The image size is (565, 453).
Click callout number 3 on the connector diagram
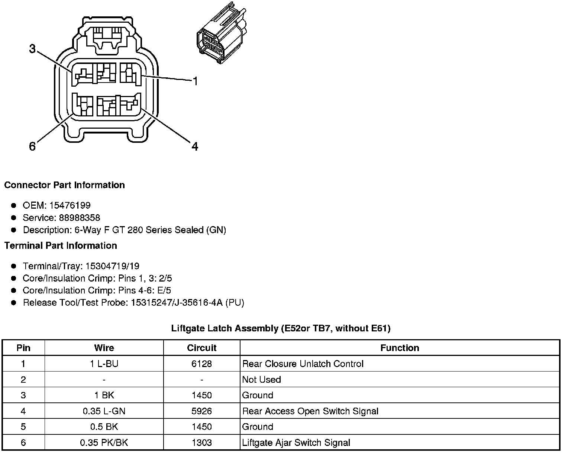click(33, 49)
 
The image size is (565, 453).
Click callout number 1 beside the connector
click(195, 81)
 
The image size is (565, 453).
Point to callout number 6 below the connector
click(32, 147)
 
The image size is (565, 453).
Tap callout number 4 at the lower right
click(195, 147)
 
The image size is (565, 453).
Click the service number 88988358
click(80, 218)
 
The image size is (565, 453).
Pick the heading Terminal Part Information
click(61, 245)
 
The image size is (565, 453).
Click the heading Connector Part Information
click(64, 185)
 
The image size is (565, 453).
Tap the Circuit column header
click(201, 348)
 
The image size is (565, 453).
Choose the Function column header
click(400, 348)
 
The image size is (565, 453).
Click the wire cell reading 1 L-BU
click(104, 364)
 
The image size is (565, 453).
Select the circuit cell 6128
click(201, 364)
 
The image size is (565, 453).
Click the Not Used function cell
click(261, 379)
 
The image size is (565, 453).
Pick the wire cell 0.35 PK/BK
click(104, 443)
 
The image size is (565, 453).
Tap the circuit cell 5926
click(201, 411)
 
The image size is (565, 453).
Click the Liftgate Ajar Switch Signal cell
click(296, 443)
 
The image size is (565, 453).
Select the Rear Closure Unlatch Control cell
click(303, 364)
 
